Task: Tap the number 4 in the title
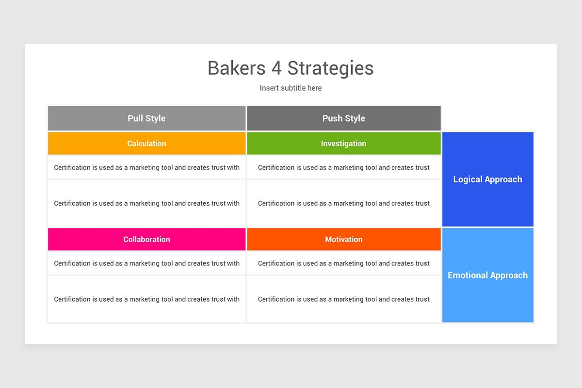276,68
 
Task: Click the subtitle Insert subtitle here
291,88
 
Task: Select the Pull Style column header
146,118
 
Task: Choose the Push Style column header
343,118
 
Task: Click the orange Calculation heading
146,144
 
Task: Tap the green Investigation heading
343,144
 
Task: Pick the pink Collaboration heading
146,239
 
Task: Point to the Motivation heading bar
343,239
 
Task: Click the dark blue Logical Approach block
487,179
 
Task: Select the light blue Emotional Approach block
487,275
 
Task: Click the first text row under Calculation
146,167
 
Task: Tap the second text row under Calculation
146,203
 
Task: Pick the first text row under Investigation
343,167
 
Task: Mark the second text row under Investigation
343,203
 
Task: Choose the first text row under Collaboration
146,263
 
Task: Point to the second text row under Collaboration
146,299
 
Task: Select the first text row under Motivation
343,263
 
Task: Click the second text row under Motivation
343,299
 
